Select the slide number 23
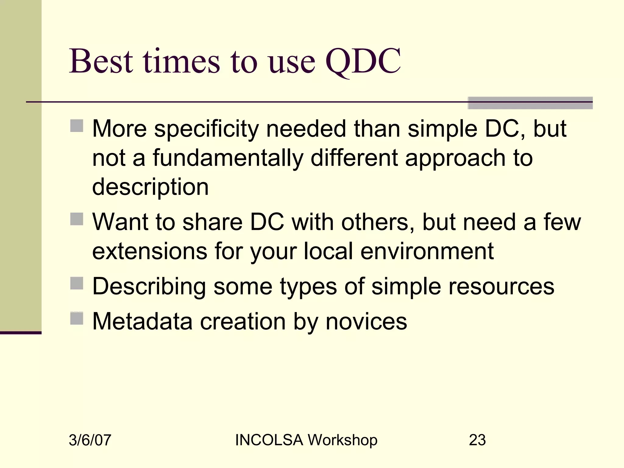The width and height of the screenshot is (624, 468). click(477, 440)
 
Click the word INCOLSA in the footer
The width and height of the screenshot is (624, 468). click(269, 440)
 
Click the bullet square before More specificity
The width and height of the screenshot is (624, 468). click(76, 126)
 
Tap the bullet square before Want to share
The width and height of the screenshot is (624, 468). click(76, 219)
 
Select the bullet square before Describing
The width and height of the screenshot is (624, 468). click(76, 283)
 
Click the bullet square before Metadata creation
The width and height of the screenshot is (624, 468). click(76, 318)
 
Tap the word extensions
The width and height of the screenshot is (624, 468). click(150, 251)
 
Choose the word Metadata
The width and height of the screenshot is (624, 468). click(142, 321)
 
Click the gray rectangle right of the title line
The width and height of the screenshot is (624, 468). click(530, 103)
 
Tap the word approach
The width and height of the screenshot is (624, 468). click(455, 158)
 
